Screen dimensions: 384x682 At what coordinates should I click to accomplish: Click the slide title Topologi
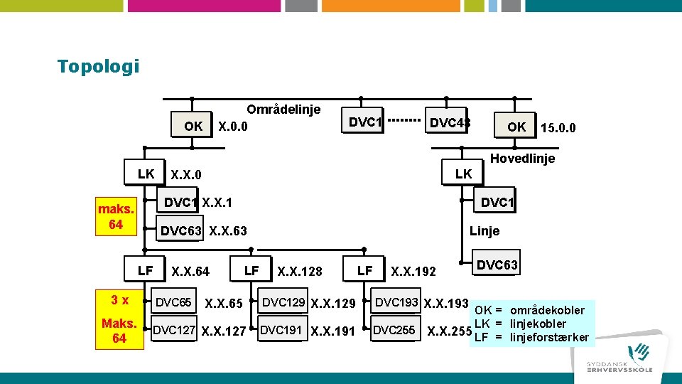pos(98,67)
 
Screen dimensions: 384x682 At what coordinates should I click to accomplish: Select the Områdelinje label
pos(283,110)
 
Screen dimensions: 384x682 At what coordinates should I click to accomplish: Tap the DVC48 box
pos(448,123)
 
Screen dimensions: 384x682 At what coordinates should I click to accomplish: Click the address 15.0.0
pos(558,128)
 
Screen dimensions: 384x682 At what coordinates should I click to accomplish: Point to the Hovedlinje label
pos(522,159)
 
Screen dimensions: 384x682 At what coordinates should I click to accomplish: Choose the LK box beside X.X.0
pos(146,174)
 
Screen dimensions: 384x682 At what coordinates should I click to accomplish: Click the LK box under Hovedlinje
pos(463,174)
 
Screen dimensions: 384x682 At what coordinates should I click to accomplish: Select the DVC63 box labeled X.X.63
pos(181,230)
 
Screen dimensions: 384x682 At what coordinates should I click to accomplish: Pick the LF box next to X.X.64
pos(146,270)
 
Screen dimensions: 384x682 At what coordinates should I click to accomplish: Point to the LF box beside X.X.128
pos(251,270)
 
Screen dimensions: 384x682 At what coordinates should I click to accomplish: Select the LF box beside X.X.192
pos(364,270)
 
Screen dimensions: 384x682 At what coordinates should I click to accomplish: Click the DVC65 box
pos(173,302)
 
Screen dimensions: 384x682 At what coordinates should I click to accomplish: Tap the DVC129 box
pos(284,302)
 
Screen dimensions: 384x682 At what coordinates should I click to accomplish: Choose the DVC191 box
pos(282,330)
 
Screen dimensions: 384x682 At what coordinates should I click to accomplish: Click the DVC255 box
pos(394,330)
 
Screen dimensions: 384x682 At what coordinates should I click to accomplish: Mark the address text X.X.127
pos(224,331)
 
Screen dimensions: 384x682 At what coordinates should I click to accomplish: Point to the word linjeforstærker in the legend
pos(550,337)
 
